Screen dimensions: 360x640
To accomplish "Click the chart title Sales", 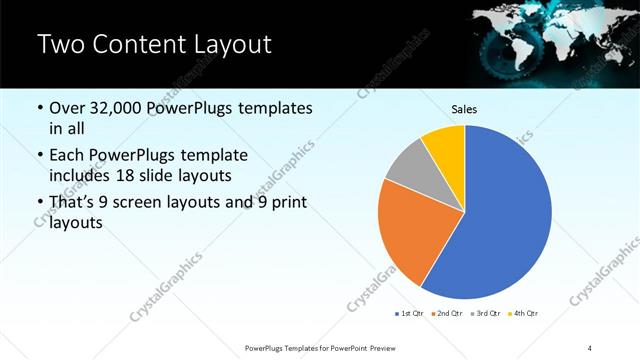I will point(465,109).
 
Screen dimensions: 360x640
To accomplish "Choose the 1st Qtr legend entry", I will point(409,314).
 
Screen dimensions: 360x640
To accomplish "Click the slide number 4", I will point(590,347).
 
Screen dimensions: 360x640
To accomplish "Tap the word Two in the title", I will point(62,45).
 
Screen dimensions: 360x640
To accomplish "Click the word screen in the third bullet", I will point(149,203).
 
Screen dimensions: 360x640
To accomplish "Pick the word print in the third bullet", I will point(289,203).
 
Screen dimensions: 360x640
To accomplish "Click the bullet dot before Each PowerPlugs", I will point(39,156).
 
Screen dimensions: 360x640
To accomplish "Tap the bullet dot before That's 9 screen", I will point(39,203).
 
